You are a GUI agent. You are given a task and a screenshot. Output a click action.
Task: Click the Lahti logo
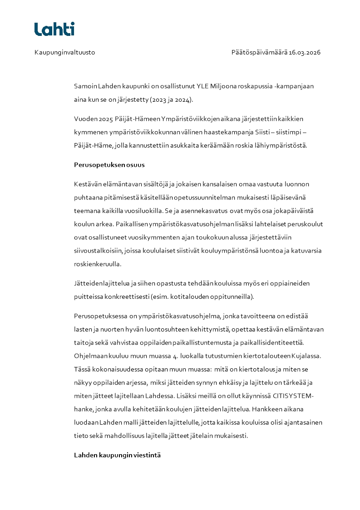pyautogui.click(x=54, y=29)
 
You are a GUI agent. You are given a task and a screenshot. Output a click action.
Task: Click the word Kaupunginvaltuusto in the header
pyautogui.click(x=64, y=52)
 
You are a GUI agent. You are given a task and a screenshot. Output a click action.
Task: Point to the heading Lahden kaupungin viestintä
pyautogui.click(x=117, y=455)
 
